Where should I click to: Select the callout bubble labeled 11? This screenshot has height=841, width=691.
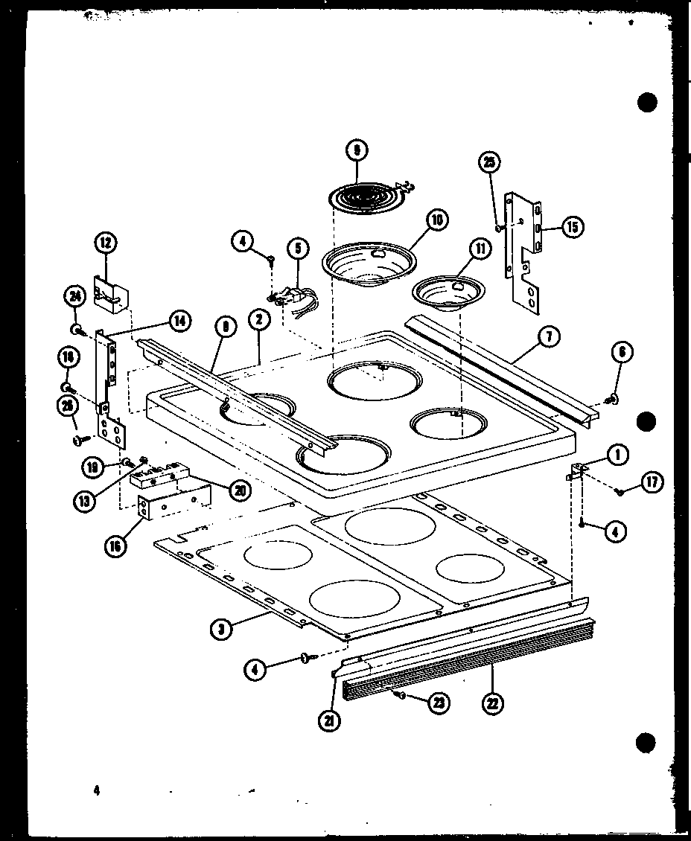point(480,249)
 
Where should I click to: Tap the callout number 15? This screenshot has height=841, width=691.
point(572,228)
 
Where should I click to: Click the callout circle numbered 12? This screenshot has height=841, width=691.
point(106,243)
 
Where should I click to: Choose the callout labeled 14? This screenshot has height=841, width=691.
point(179,322)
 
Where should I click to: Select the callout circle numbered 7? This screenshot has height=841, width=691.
point(548,337)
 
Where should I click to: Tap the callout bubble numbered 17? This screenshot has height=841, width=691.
point(652,482)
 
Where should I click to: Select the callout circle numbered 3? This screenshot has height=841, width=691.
point(220,628)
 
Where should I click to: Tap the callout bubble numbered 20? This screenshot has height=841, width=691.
point(241,490)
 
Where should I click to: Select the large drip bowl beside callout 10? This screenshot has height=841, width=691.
point(366,266)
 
